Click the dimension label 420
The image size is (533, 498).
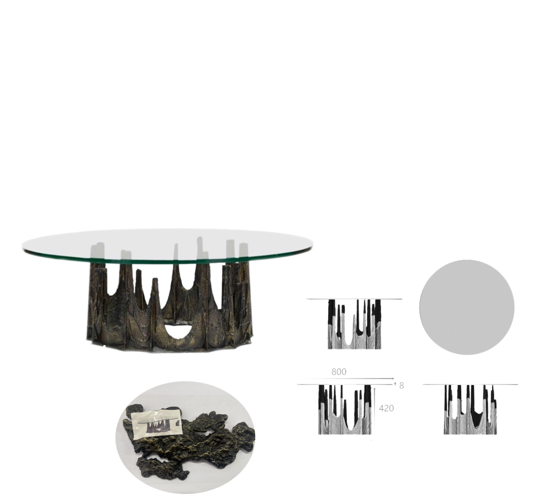click(x=386, y=408)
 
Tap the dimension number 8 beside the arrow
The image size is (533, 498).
click(x=402, y=385)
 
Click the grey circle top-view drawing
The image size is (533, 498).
click(x=466, y=307)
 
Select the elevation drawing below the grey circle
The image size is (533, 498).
click(x=470, y=410)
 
